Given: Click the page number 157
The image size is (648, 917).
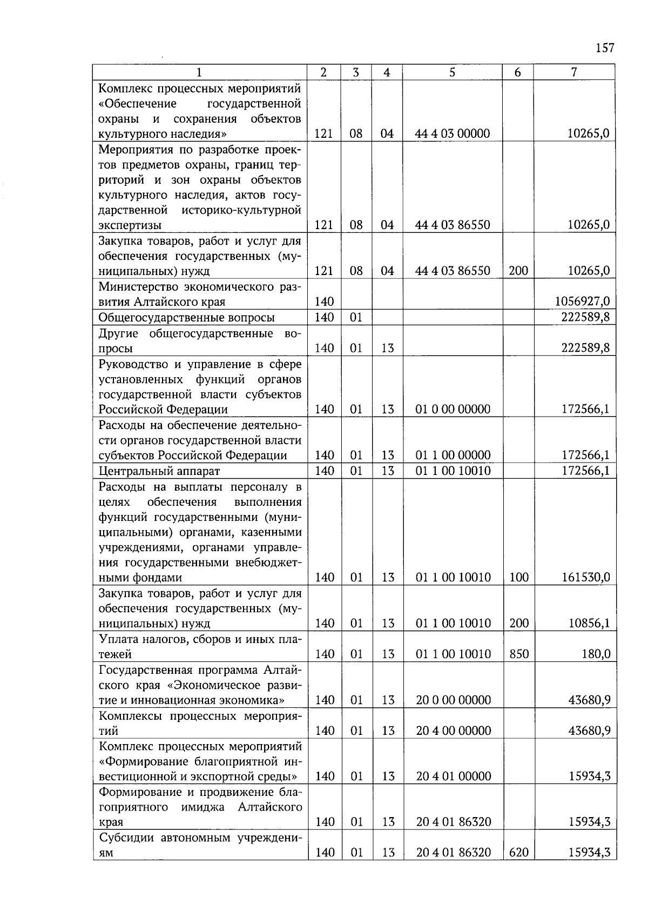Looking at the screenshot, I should click(605, 48).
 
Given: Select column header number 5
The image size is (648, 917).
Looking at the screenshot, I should click(452, 72).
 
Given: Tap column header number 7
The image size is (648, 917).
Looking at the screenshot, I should click(574, 72).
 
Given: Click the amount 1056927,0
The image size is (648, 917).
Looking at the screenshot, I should click(582, 302).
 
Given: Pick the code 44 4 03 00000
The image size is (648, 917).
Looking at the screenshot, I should click(453, 133).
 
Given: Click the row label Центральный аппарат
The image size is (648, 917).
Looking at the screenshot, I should click(159, 471).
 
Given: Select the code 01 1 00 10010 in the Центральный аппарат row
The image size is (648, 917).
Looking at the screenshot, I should click(453, 471).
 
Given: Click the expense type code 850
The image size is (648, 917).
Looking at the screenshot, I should click(518, 654).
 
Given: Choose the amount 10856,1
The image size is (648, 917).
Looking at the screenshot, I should click(589, 624).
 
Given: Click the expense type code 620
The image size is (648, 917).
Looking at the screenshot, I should click(518, 853).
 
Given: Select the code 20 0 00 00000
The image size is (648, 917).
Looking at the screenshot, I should click(453, 700).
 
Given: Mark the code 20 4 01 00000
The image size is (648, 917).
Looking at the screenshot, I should click(453, 777).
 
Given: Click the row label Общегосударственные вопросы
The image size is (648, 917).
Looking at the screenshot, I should click(186, 318).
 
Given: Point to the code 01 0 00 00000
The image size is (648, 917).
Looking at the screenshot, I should click(453, 410).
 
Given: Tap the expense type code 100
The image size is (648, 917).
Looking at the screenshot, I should click(518, 578).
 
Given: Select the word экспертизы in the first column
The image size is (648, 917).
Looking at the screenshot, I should click(130, 225).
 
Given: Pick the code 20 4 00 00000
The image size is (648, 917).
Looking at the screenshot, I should click(453, 731).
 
